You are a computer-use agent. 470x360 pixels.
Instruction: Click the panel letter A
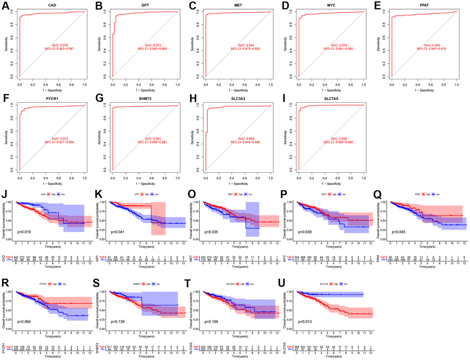click(x=6, y=6)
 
